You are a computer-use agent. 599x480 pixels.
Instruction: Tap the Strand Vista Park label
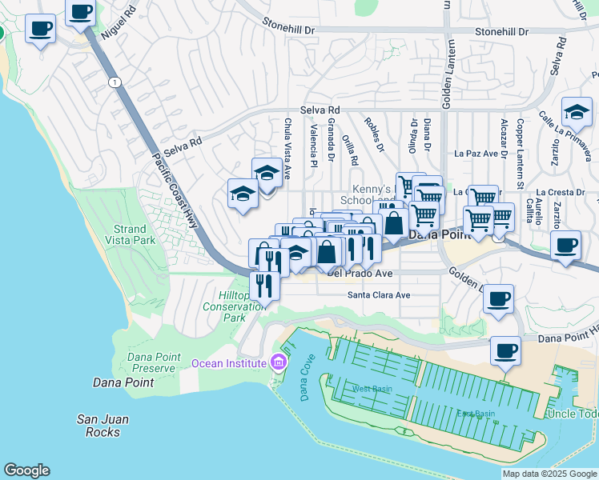coord(135,234)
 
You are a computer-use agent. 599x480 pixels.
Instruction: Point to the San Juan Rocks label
coord(103,426)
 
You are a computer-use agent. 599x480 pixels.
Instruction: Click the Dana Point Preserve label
coord(151,362)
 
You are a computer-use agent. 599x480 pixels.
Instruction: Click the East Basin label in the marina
coord(476,414)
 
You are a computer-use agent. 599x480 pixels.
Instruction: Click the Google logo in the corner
coord(26,470)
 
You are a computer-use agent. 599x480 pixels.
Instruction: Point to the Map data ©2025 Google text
coord(549,474)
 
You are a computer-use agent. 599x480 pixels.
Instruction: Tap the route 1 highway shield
coord(115,82)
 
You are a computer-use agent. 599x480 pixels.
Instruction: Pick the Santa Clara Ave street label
coord(378,295)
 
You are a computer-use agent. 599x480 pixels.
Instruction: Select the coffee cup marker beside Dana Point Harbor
coord(505,351)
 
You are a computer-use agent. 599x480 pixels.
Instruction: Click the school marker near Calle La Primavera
coord(577,113)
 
